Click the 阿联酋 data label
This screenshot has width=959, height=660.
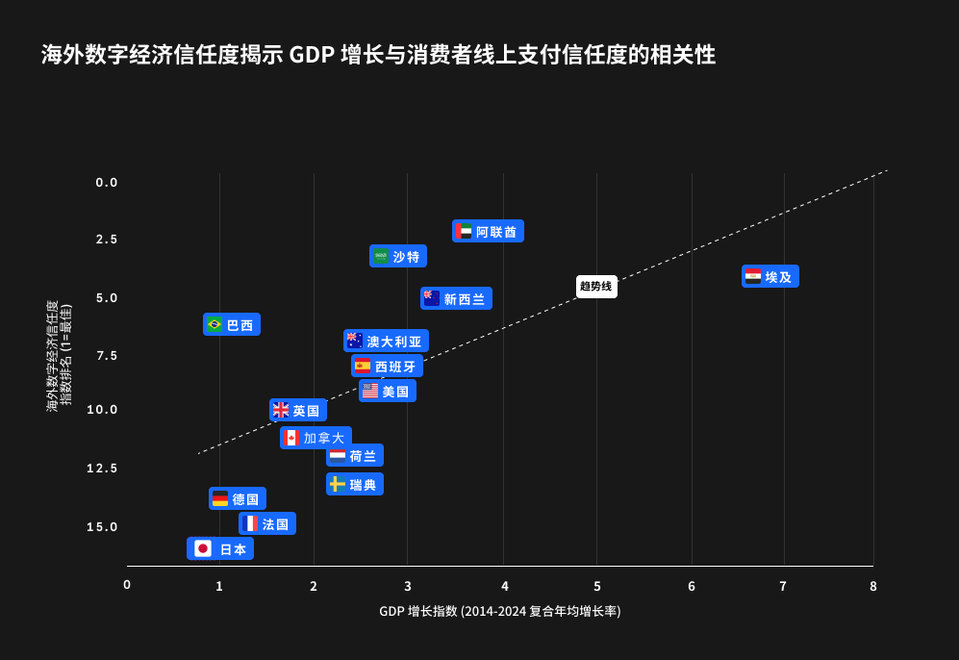click(488, 231)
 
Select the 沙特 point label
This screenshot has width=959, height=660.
click(398, 256)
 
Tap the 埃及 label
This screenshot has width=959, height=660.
click(770, 276)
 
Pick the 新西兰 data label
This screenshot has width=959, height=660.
click(456, 298)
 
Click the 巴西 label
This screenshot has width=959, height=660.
click(232, 324)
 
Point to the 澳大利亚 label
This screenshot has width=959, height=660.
click(386, 341)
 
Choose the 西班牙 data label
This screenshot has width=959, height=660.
click(387, 366)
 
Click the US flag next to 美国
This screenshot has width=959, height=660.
click(370, 391)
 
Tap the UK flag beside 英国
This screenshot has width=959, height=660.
click(281, 410)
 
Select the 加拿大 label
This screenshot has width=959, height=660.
click(315, 438)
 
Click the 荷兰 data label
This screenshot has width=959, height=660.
click(355, 455)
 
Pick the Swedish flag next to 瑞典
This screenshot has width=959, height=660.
click(338, 484)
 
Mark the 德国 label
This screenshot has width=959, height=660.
click(238, 498)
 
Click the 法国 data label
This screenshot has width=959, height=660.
click(267, 523)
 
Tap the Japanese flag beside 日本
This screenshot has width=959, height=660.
click(203, 548)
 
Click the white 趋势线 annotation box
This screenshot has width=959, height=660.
click(596, 287)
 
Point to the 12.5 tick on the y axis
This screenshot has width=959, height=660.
click(102, 469)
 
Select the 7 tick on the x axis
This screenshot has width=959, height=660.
click(783, 586)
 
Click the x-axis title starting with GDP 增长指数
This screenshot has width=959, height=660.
click(499, 612)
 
